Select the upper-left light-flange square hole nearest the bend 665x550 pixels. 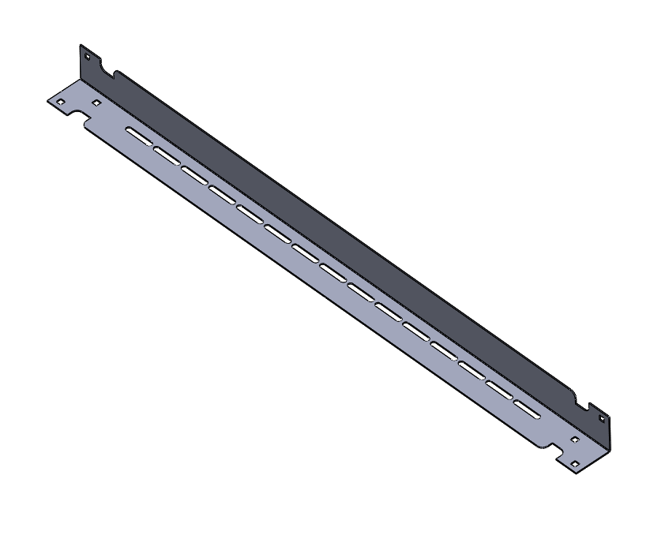click(96, 103)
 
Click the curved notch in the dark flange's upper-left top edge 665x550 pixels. click(115, 75)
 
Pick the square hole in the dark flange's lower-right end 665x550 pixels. click(602, 419)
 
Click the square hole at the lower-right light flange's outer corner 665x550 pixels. click(574, 462)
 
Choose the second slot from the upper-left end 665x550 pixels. click(166, 155)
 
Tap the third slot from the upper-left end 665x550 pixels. click(193, 174)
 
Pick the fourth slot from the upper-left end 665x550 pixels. click(222, 193)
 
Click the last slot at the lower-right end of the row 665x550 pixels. click(527, 409)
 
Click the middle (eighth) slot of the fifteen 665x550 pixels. click(332, 272)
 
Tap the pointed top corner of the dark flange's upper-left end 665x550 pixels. click(81, 45)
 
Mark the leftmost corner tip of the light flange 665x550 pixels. click(47, 100)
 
